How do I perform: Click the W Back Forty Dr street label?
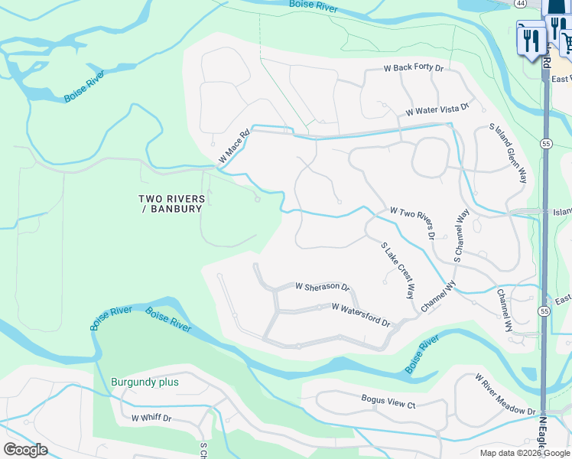(413, 68)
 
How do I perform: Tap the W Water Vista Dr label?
(437, 111)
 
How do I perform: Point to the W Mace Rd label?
(235, 146)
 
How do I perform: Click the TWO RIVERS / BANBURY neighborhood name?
(172, 203)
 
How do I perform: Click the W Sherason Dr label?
(322, 287)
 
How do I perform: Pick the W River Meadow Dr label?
(505, 395)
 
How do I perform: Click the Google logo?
(25, 450)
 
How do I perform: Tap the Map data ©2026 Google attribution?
(525, 453)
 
